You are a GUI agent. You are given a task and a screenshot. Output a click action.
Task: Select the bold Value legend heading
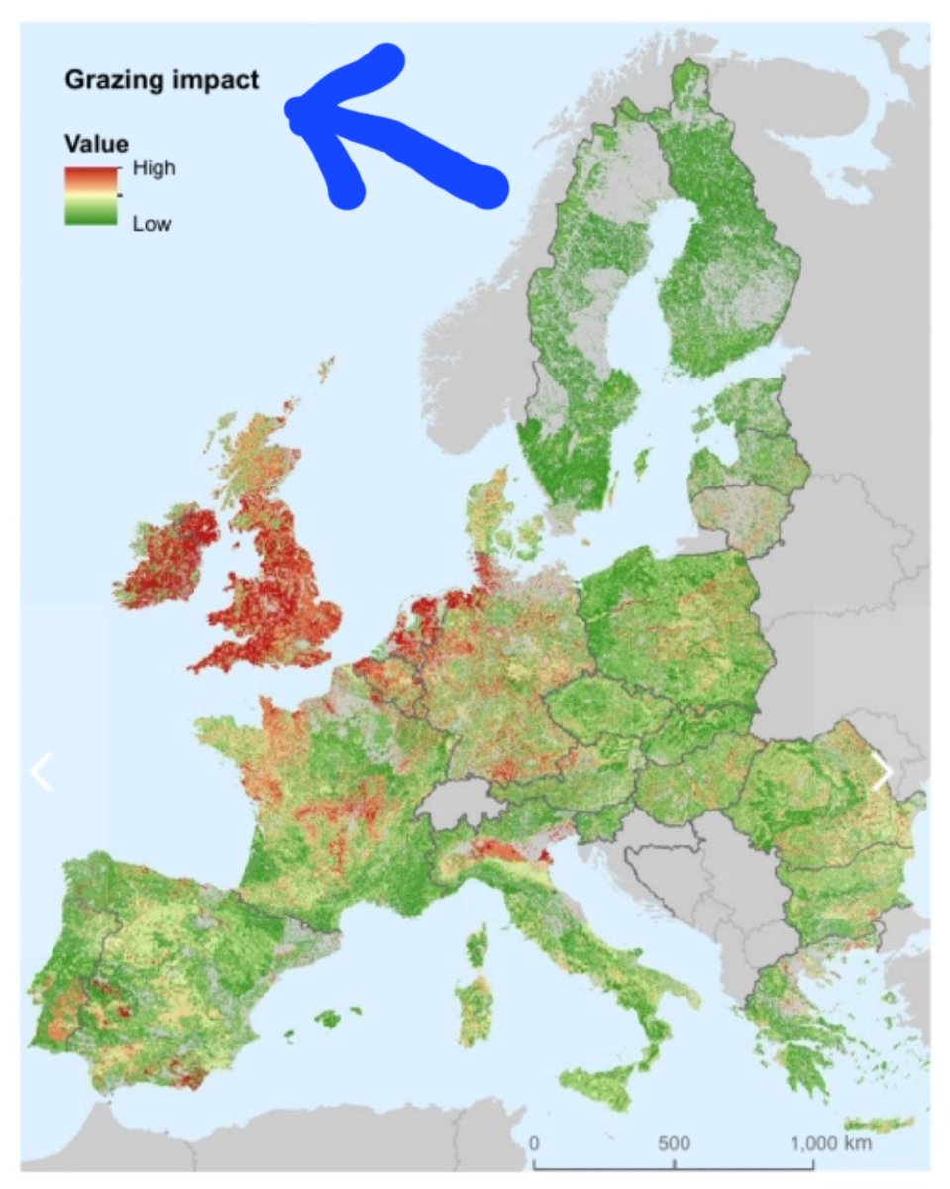tap(96, 144)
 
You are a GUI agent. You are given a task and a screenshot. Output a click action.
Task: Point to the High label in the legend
tap(154, 168)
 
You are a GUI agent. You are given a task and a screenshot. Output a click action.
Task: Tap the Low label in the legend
tap(152, 224)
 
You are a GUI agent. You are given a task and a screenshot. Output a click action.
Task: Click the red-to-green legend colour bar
tap(91, 195)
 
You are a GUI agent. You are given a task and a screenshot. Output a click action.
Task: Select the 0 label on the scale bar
tap(535, 1141)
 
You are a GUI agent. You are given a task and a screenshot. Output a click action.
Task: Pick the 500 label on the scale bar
tap(675, 1141)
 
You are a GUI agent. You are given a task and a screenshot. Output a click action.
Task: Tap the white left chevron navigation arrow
tap(41, 772)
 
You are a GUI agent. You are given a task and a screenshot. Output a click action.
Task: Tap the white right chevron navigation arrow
tap(881, 772)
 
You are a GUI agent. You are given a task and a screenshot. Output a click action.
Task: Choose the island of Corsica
tap(477, 947)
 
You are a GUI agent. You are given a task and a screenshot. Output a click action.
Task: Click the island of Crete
tap(877, 1123)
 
